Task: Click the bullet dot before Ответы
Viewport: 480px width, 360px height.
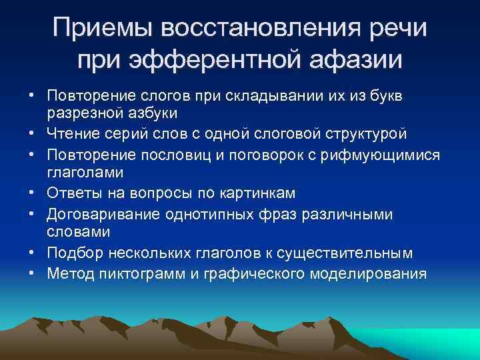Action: (33, 193)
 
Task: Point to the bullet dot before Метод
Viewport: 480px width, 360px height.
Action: (33, 273)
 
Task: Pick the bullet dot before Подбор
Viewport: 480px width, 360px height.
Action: (33, 254)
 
